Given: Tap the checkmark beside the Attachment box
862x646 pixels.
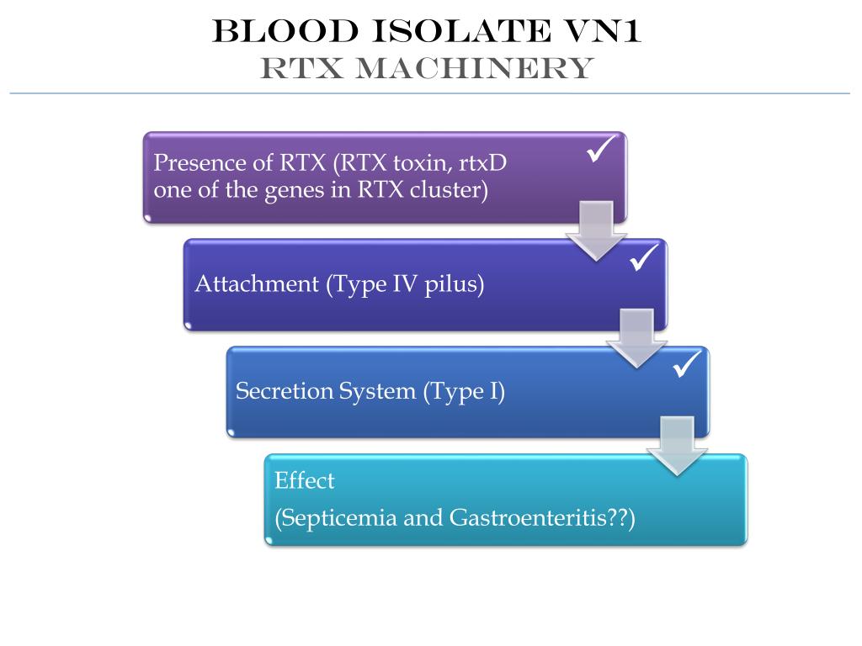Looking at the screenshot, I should [643, 259].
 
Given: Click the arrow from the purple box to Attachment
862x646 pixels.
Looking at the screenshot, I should [597, 232].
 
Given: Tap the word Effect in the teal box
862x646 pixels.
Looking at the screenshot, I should [305, 481].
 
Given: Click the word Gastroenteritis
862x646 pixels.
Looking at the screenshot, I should [523, 517].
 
